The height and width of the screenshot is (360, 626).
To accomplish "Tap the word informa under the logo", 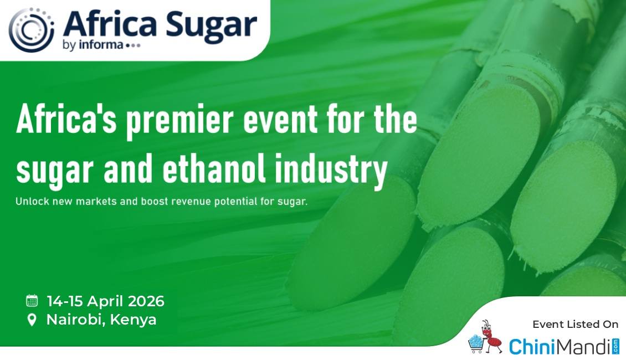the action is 101,45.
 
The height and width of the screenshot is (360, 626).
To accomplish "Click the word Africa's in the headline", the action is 66,119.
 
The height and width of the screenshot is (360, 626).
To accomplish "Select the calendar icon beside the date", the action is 32,301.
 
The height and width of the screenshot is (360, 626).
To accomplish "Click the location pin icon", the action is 32,320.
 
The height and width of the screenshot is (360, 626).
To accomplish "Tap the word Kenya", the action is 133,320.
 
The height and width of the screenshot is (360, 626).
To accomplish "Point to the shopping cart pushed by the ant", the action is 476,344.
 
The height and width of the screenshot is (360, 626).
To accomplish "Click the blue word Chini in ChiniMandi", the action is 532,346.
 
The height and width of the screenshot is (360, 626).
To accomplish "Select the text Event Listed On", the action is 575,325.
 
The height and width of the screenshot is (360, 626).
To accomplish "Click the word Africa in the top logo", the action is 110,24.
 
